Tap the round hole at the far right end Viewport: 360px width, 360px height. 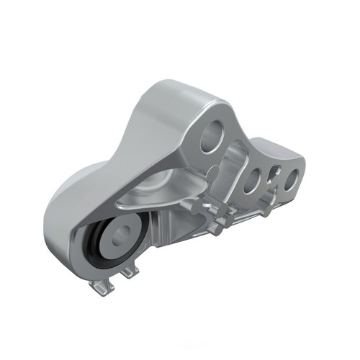click(290, 178)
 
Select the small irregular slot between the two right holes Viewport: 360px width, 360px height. click(273, 175)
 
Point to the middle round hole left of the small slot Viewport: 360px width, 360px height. click(253, 181)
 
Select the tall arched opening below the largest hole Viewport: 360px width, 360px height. click(229, 180)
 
